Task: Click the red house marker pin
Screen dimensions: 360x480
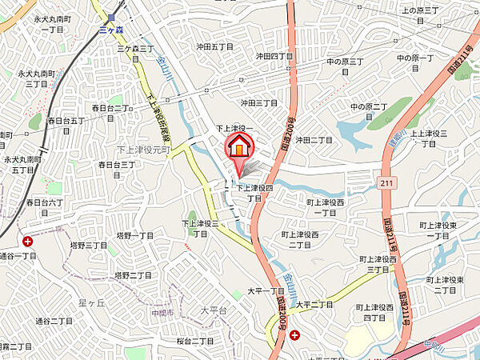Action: click(238, 147)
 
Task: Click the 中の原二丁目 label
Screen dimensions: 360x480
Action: click(369, 111)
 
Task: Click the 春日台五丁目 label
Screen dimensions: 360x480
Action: click(66, 120)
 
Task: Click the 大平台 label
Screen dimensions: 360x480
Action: click(191, 310)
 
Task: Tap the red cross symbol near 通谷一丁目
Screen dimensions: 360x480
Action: click(28, 241)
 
